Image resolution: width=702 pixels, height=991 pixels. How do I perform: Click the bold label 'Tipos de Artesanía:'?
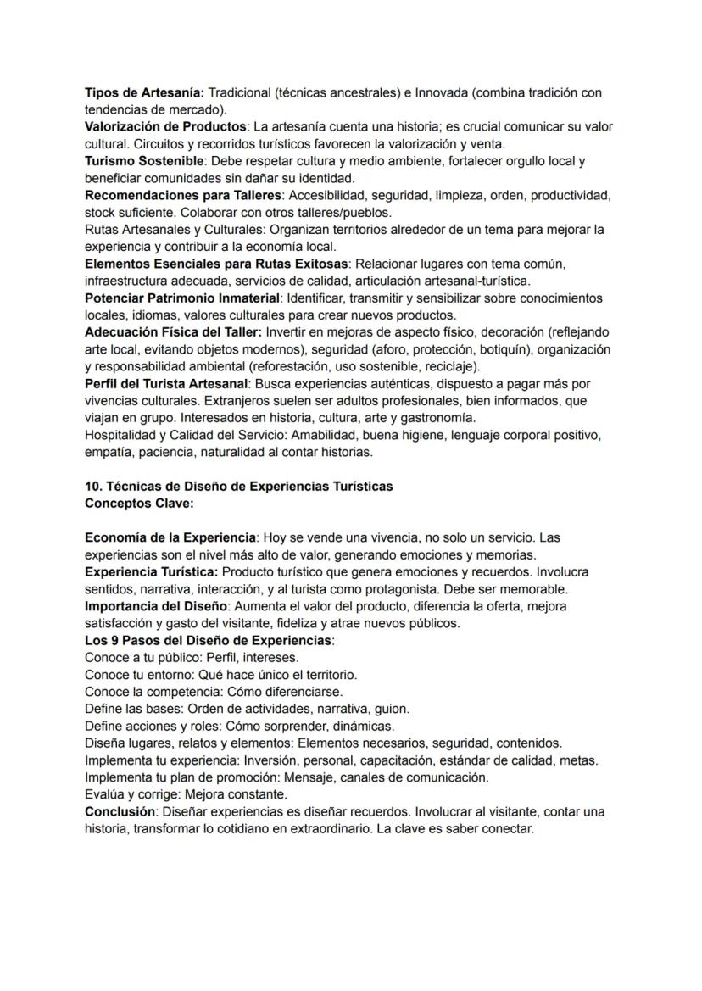tap(144, 92)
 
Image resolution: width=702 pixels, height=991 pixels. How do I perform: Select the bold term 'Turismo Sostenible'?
tap(144, 161)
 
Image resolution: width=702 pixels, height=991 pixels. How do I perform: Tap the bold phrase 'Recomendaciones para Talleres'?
tap(182, 195)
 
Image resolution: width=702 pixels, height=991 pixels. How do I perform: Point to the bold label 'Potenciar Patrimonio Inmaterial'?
tap(182, 298)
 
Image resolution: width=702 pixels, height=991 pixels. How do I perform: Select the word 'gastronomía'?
tap(440, 418)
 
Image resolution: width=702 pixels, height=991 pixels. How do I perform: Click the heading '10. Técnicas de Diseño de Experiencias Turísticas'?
tap(239, 487)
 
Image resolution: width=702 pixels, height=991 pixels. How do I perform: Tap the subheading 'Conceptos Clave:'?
tap(139, 504)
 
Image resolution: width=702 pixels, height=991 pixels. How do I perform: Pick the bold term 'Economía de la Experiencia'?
tap(170, 537)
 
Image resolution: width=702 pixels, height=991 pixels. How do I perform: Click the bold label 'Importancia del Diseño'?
tap(156, 606)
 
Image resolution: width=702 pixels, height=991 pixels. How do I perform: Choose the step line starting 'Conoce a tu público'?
tap(192, 657)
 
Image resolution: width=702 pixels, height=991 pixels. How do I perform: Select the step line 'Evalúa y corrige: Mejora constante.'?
tap(186, 794)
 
